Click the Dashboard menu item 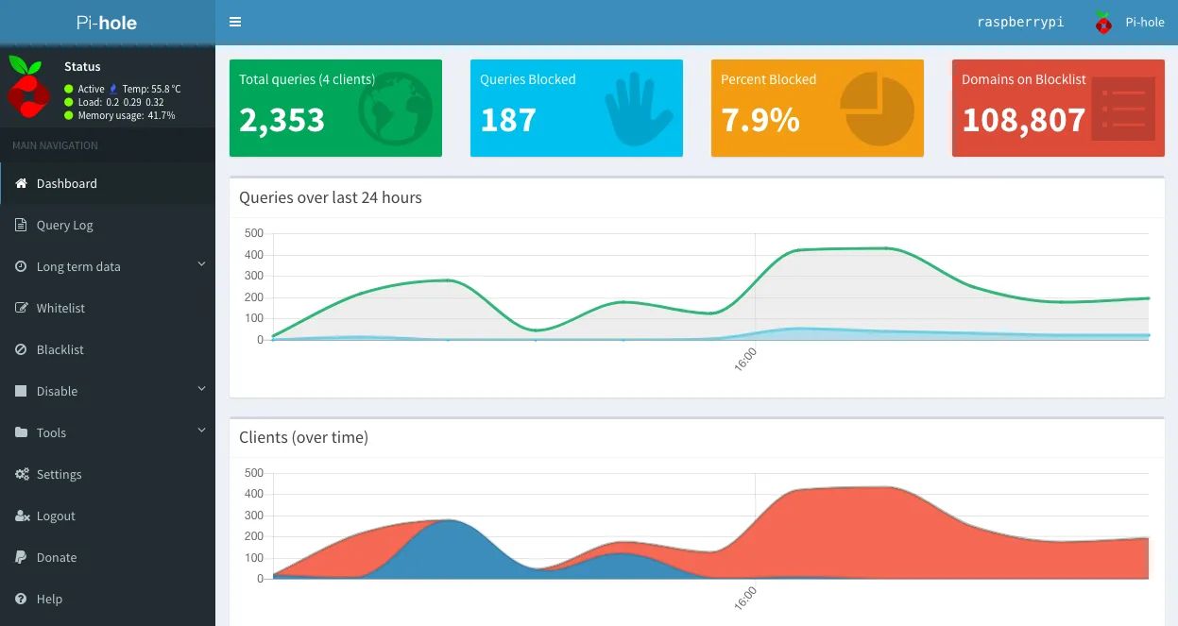(x=66, y=183)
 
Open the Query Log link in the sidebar (x=64, y=225)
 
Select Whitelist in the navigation (x=60, y=308)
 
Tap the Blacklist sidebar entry (x=60, y=349)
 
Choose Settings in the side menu (x=59, y=474)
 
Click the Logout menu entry (x=56, y=516)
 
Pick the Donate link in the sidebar (x=57, y=557)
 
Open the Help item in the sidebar (x=49, y=599)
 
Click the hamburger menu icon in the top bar (x=235, y=22)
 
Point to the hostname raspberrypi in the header (x=1020, y=22)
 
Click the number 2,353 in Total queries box (x=282, y=120)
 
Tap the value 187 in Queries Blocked (x=508, y=120)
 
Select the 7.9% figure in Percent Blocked (x=760, y=120)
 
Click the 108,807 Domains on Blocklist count (x=1024, y=120)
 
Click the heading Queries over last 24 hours (x=331, y=197)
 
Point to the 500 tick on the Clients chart (x=254, y=473)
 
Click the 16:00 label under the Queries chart (x=745, y=360)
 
